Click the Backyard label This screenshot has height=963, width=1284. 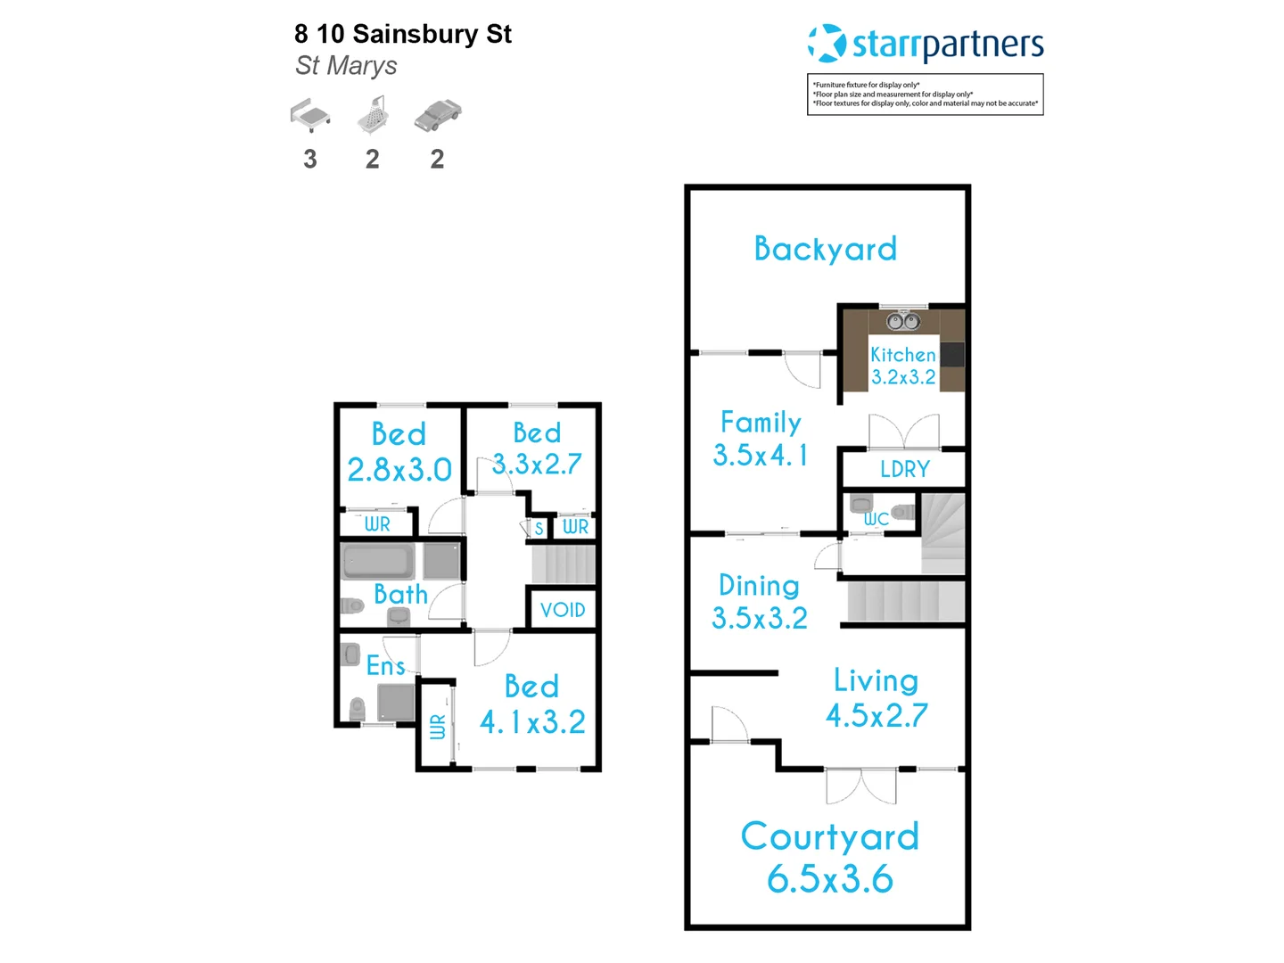[825, 249]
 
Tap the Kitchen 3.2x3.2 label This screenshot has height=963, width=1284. [902, 366]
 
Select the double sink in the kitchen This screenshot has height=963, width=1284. [903, 321]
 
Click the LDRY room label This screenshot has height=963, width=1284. [904, 469]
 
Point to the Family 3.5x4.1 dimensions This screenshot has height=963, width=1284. [761, 456]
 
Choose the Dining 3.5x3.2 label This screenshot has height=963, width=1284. [759, 602]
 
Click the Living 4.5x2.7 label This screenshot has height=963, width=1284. [877, 698]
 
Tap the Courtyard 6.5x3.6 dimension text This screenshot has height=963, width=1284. [829, 879]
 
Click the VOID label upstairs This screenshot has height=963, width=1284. [563, 610]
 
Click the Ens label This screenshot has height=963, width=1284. [385, 665]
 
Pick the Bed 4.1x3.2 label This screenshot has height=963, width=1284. [532, 704]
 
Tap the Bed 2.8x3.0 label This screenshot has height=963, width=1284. [399, 452]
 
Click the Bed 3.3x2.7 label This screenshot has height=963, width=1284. [537, 449]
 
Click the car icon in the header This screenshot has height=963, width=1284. [437, 116]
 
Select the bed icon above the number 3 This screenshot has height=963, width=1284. [310, 116]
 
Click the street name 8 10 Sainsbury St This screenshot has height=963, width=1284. [402, 34]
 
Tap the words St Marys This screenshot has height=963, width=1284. [346, 65]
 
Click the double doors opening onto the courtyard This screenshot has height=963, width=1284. [861, 785]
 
